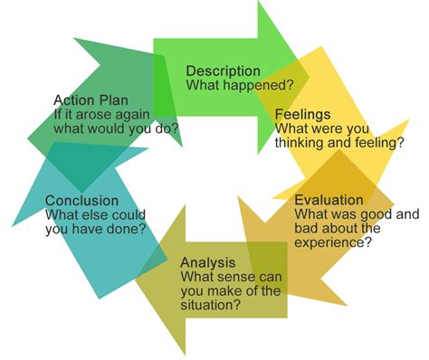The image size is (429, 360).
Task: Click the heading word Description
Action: [x=223, y=71]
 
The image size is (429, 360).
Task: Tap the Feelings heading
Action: [x=302, y=115]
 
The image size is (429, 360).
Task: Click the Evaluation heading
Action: [x=329, y=200]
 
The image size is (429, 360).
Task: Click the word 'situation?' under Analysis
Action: [x=211, y=304]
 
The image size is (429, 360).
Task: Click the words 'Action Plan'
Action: [x=91, y=100]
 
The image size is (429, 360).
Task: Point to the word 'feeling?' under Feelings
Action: [x=377, y=142]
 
